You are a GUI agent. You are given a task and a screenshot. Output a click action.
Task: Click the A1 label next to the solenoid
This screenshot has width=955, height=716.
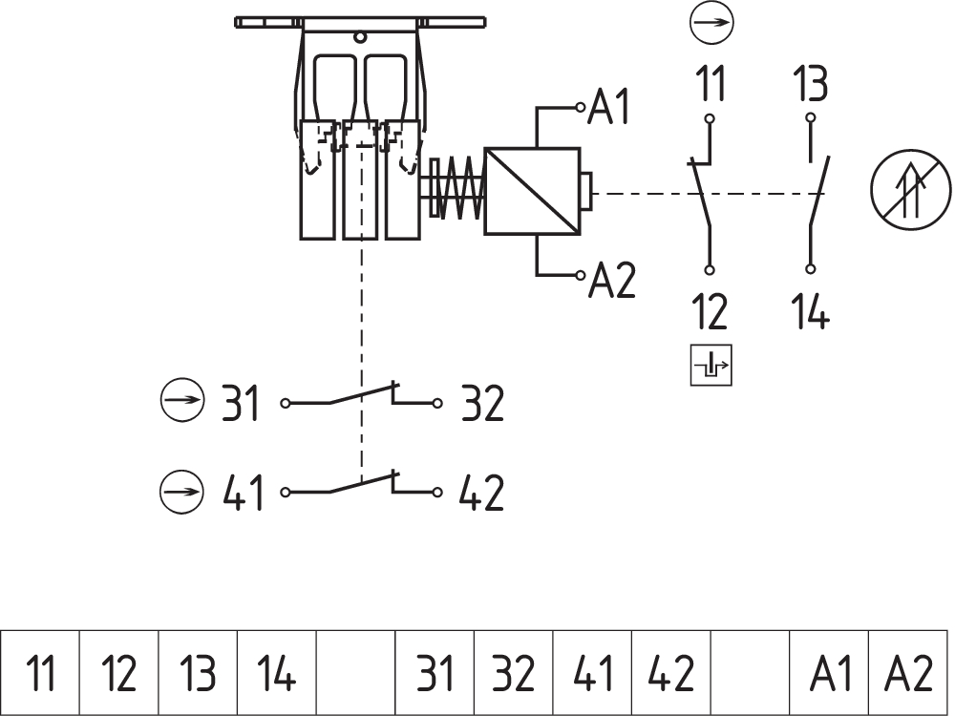click(610, 106)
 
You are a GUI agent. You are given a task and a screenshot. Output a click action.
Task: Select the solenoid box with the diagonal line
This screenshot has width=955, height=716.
click(533, 191)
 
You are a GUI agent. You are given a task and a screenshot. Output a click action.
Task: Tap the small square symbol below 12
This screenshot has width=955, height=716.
click(711, 364)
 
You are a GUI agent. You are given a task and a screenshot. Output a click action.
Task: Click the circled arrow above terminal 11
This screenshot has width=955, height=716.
click(711, 23)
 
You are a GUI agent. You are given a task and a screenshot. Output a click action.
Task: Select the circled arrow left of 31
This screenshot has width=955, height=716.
click(181, 403)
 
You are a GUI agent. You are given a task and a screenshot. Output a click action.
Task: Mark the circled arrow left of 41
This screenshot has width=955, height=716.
click(181, 493)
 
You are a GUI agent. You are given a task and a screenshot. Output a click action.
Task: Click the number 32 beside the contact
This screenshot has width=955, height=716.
click(482, 404)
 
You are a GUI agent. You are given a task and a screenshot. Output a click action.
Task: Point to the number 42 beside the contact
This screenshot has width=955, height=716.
click(482, 493)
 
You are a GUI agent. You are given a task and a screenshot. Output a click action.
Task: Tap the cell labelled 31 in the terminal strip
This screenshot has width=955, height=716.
click(435, 673)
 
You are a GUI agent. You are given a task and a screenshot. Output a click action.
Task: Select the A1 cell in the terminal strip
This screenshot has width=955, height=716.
click(829, 673)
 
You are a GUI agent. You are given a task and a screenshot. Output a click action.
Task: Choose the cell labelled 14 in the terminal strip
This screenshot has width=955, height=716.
click(276, 673)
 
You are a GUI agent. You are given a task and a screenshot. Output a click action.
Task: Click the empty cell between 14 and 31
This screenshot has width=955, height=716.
click(355, 673)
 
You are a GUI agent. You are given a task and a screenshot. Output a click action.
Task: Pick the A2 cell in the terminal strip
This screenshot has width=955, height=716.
click(908, 673)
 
